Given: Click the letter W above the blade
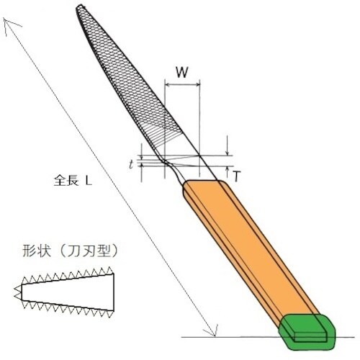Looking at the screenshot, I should point(183,72).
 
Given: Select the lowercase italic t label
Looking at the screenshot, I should point(130,164).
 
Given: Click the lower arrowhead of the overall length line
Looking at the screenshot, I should point(213,332).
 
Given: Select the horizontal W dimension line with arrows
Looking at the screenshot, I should point(183,87).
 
